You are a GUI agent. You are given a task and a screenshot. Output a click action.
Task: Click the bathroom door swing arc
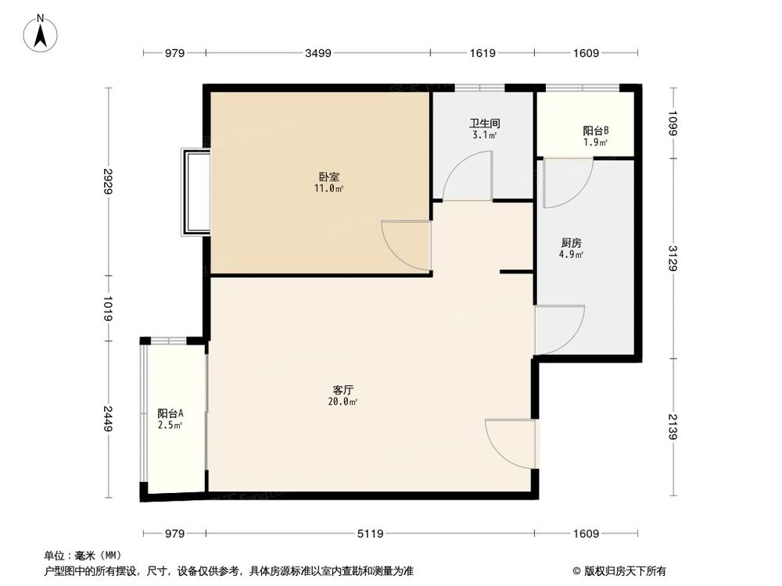(467, 177)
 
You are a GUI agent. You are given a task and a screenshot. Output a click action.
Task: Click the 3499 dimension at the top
(318, 53)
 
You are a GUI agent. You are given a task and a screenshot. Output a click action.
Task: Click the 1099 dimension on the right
(673, 123)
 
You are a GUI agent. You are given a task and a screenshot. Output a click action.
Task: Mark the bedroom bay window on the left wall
(195, 191)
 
